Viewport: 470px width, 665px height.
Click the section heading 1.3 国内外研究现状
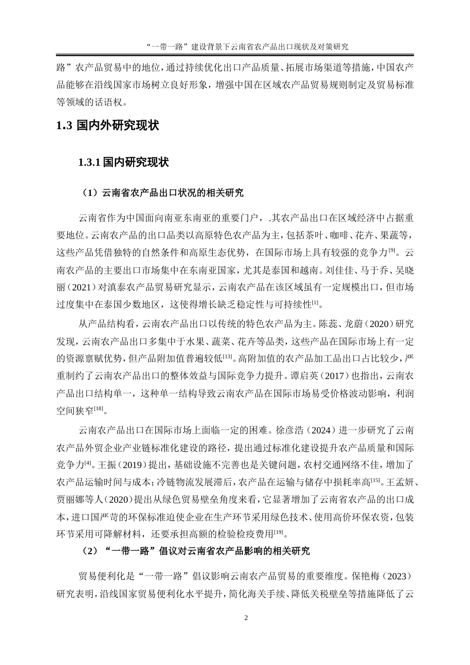[x=107, y=126]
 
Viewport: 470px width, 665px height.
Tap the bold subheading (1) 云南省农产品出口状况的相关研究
[x=162, y=193]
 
